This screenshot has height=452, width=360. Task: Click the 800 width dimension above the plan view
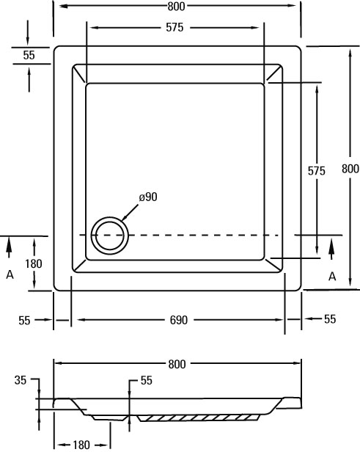click(176, 6)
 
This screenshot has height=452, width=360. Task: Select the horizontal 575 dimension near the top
click(175, 27)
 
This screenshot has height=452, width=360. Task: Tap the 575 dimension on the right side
click(316, 171)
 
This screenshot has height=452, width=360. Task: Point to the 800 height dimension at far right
click(350, 168)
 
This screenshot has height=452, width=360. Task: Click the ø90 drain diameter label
click(148, 197)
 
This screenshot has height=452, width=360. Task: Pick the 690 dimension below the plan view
click(179, 320)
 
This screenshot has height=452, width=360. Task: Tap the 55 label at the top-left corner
click(29, 55)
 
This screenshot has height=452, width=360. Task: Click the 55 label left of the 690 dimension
click(24, 320)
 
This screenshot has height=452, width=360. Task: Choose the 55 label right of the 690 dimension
click(330, 318)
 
